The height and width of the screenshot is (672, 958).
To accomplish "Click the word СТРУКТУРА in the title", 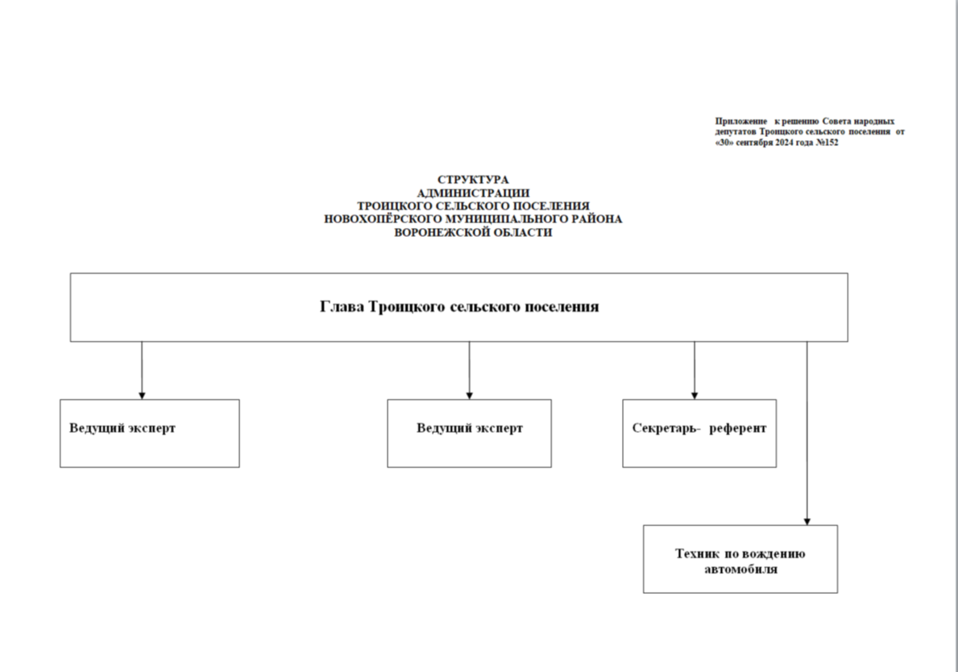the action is click(x=473, y=180).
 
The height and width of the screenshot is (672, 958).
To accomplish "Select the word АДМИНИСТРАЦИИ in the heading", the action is click(x=473, y=193).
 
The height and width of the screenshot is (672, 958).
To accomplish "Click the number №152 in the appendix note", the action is click(x=827, y=143).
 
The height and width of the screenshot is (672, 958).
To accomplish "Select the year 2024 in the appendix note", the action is click(x=785, y=143).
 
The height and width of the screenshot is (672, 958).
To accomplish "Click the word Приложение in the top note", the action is click(x=741, y=122).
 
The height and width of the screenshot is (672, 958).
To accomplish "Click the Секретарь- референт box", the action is click(x=699, y=433).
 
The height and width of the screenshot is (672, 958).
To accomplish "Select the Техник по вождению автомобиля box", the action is click(x=740, y=559).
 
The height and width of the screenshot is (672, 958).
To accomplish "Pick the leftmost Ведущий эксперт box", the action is click(x=150, y=433).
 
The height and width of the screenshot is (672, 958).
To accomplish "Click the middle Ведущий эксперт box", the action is click(x=469, y=433).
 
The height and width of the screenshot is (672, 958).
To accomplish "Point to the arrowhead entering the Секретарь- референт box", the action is click(x=694, y=396).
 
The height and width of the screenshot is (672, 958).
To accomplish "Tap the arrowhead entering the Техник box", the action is click(x=807, y=521).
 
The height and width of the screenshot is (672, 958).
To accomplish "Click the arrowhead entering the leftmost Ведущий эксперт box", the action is click(x=142, y=396).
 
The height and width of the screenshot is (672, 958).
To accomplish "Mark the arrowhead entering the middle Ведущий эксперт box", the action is click(x=469, y=396).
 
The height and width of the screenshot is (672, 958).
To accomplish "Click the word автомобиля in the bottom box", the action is click(x=741, y=570).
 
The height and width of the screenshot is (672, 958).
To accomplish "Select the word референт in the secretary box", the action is click(x=737, y=429).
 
